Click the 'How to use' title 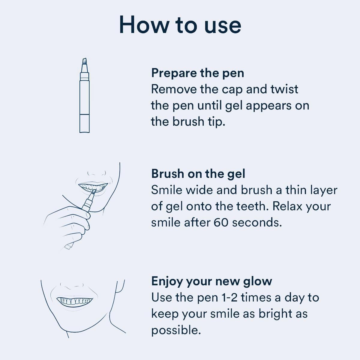pyautogui.click(x=180, y=25)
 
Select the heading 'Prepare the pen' pyautogui.click(x=197, y=73)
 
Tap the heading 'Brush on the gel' pyautogui.click(x=198, y=174)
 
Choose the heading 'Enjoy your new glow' pyautogui.click(x=211, y=281)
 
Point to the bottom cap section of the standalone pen pyautogui.click(x=84, y=123)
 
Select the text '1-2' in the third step pyautogui.click(x=229, y=297)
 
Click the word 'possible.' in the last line pyautogui.click(x=176, y=330)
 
